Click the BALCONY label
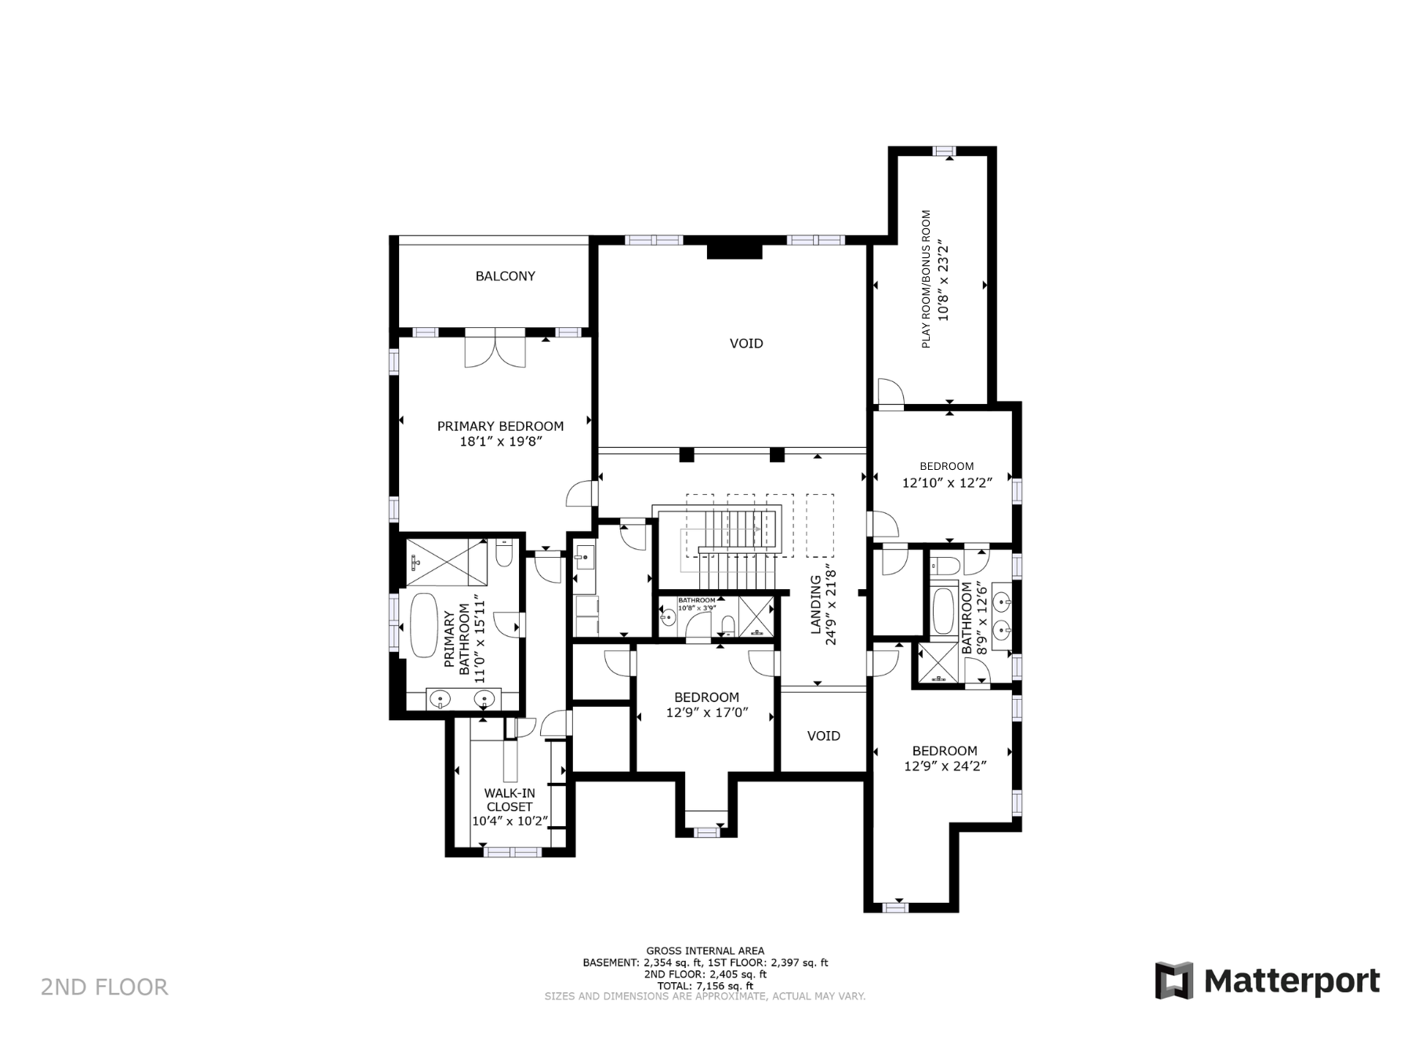pyautogui.click(x=505, y=276)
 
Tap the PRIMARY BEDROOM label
pyautogui.click(x=500, y=426)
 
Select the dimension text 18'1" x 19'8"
pyautogui.click(x=501, y=442)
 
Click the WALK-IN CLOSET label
pyautogui.click(x=510, y=800)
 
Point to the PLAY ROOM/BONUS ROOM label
pyautogui.click(x=926, y=279)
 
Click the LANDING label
pyautogui.click(x=815, y=604)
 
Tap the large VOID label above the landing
pyautogui.click(x=746, y=344)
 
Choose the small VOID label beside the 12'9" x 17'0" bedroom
pyautogui.click(x=824, y=736)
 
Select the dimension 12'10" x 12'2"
pyautogui.click(x=947, y=483)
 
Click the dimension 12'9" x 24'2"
pyautogui.click(x=945, y=766)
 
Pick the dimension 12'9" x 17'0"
pyautogui.click(x=707, y=713)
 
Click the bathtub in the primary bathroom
pyautogui.click(x=424, y=626)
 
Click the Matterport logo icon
pyautogui.click(x=1173, y=980)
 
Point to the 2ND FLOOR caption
pyautogui.click(x=104, y=987)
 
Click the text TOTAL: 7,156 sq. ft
pyautogui.click(x=705, y=986)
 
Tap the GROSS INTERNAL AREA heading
pyautogui.click(x=705, y=952)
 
